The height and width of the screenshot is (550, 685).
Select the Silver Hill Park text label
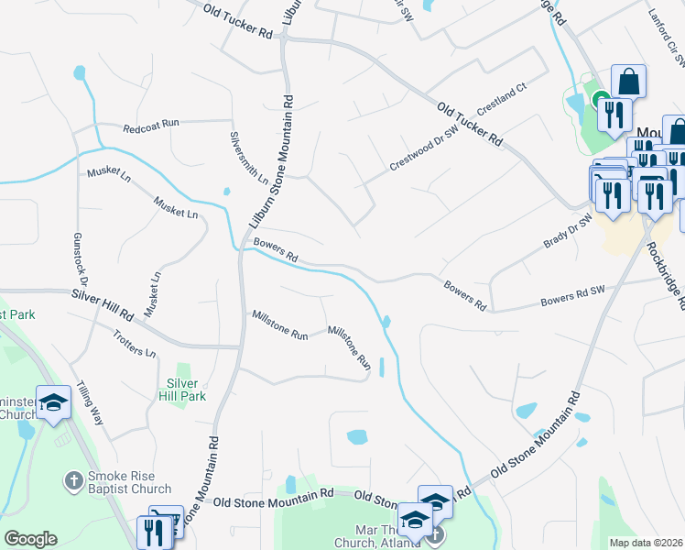coord(182,390)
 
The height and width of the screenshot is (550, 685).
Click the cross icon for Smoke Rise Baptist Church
coord(73,479)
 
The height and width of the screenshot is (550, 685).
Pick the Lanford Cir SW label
coord(666,45)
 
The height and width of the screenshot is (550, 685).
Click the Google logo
coord(30,538)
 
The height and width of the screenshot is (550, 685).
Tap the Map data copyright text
coord(646,543)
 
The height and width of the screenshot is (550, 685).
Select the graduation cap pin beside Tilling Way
coord(53,402)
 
